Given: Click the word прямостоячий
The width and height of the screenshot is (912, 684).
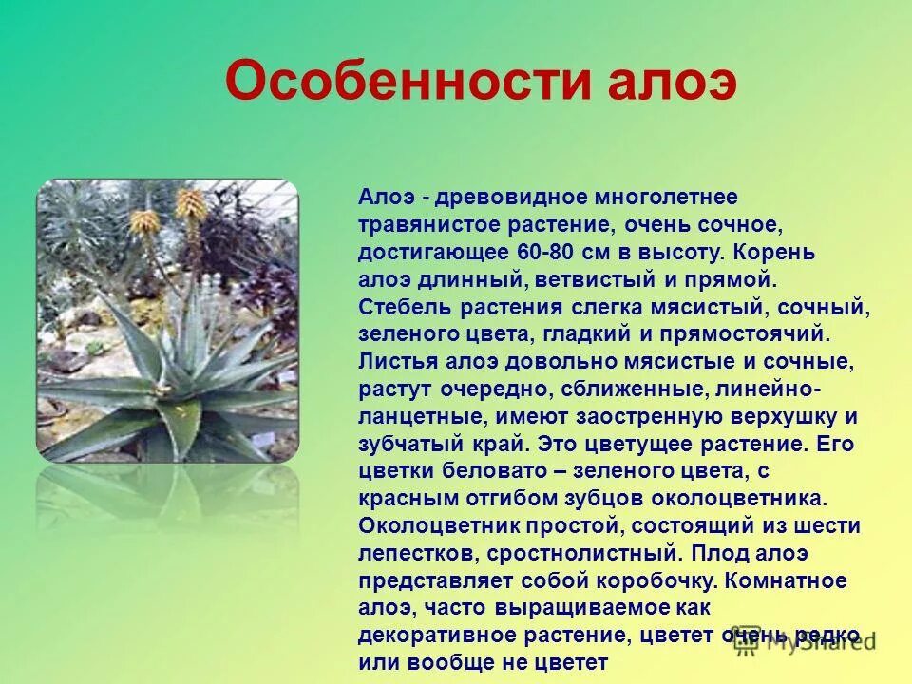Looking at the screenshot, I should click(759, 335).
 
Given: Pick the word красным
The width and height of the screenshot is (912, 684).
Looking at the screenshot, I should click(407, 499).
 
